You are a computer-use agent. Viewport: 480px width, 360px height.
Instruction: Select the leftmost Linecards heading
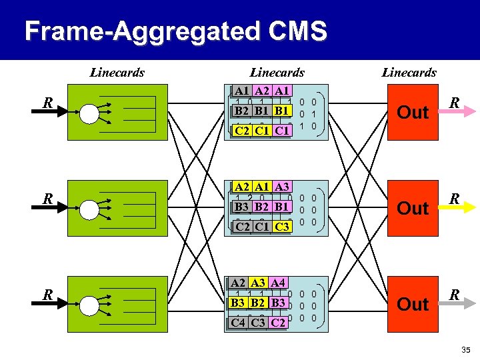(117, 72)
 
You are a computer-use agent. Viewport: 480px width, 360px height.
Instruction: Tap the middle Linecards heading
(277, 72)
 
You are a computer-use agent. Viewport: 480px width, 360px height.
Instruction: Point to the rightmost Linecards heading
(409, 72)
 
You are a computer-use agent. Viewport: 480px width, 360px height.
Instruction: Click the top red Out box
(413, 112)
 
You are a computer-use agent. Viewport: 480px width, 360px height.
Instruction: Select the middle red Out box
(413, 208)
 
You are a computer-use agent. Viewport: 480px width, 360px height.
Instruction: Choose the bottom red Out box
(413, 304)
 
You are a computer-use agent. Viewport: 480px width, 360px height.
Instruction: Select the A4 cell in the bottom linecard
(279, 283)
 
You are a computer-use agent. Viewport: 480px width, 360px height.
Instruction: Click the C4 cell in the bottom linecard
(237, 323)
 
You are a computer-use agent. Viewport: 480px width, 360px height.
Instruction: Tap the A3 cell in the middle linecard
(281, 187)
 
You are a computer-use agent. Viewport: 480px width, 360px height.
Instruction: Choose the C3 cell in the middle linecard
(281, 227)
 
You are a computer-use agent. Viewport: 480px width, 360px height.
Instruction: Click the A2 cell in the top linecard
(261, 91)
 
